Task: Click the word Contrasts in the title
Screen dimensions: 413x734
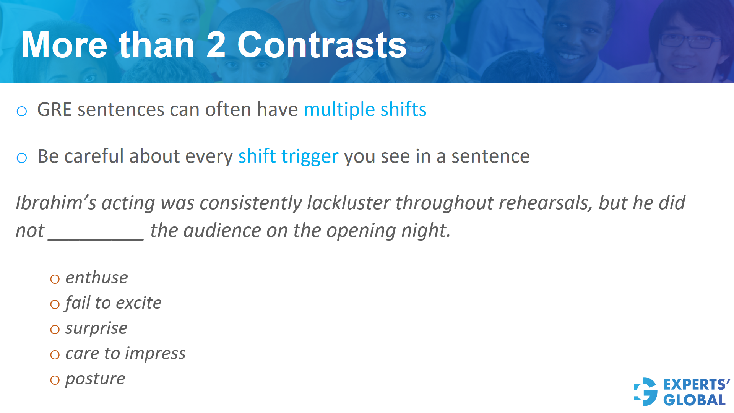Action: pos(322,45)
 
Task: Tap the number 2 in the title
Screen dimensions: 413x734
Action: pos(216,45)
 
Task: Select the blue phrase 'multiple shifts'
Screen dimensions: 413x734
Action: pos(365,110)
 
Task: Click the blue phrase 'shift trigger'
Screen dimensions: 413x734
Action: pos(288,156)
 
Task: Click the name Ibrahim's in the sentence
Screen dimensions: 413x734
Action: pos(56,203)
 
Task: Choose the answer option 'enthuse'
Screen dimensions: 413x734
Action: pos(96,278)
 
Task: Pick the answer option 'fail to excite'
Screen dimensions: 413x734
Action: pos(113,303)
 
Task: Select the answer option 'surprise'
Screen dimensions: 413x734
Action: pos(96,328)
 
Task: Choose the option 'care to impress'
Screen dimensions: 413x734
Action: pos(125,353)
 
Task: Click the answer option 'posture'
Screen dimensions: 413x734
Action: pos(95,379)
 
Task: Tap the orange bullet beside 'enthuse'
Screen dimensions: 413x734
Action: pos(55,279)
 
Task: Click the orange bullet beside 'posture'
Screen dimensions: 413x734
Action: pos(55,380)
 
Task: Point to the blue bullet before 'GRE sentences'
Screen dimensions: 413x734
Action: pos(22,111)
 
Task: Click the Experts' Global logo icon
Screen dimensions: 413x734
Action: pos(646,392)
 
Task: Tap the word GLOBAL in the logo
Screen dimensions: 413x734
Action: pos(694,400)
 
